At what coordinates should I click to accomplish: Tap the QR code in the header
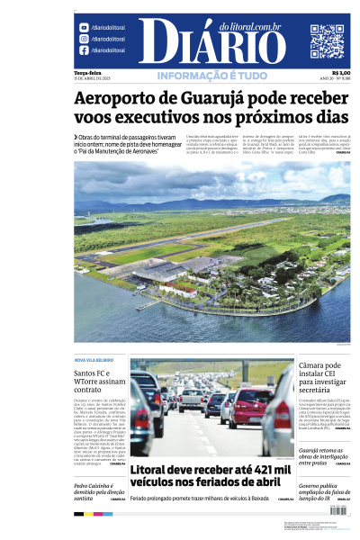327,41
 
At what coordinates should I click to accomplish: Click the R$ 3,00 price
341,72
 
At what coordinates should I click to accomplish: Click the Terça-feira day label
87,72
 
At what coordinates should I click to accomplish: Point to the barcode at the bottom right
339,509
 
